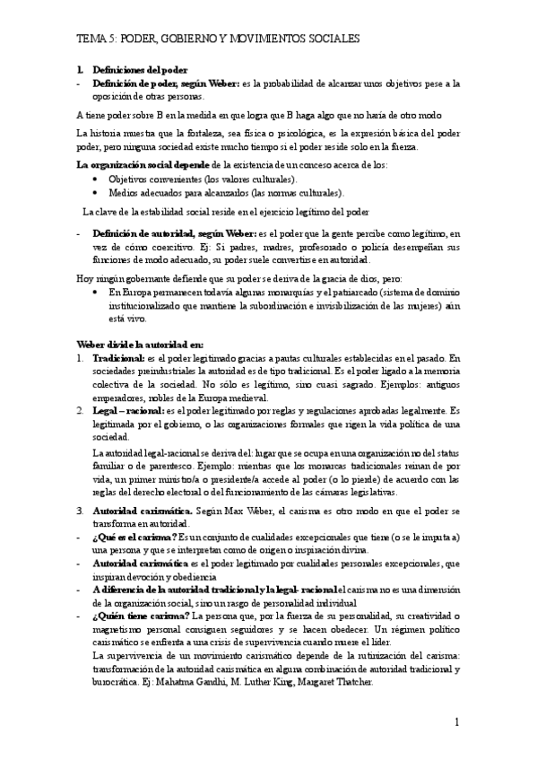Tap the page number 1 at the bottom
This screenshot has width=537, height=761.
456,722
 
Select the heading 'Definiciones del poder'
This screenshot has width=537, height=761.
139,69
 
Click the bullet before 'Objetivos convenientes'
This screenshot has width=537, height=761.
97,179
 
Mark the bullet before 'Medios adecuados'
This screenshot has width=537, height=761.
97,192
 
